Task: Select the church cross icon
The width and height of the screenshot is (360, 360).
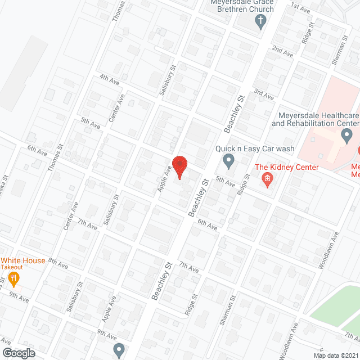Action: click(x=260, y=22)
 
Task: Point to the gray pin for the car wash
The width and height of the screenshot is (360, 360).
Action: click(x=228, y=162)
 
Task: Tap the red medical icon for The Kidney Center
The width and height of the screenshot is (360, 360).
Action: click(x=268, y=180)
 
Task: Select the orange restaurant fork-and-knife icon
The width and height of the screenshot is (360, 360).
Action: click(x=15, y=278)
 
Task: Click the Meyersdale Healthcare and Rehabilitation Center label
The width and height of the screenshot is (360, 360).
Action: click(x=315, y=119)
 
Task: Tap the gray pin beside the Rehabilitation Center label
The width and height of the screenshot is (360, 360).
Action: click(x=347, y=135)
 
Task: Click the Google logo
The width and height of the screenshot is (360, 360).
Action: click(x=18, y=353)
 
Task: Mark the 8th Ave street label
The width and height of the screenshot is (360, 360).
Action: click(x=57, y=263)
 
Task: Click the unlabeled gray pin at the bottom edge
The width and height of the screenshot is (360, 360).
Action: click(x=119, y=350)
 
